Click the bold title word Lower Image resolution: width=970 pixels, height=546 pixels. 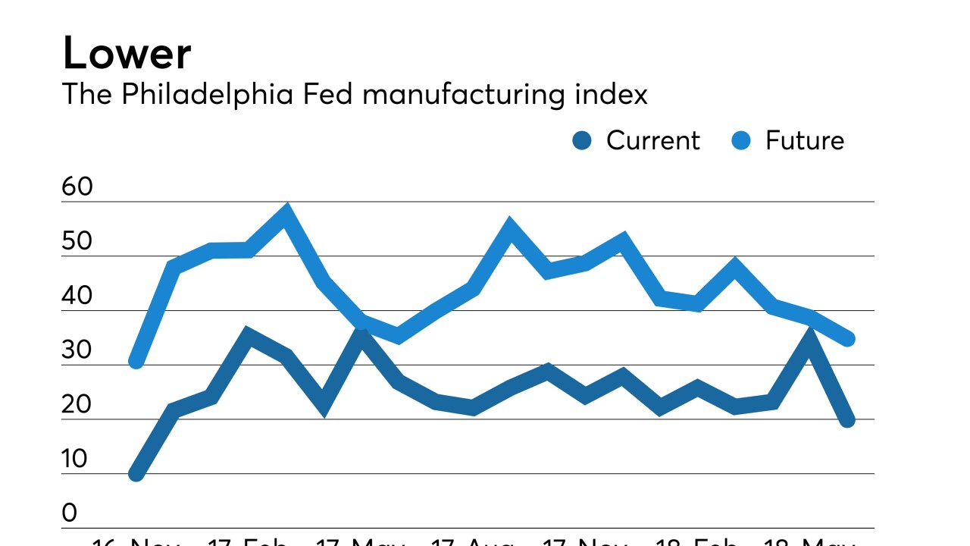[x=127, y=54]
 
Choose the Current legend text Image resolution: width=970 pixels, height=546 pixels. [x=652, y=140]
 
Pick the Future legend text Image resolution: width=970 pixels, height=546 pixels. [x=804, y=140]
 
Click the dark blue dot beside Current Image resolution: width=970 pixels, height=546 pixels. [x=582, y=140]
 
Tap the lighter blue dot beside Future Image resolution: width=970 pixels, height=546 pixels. [x=741, y=140]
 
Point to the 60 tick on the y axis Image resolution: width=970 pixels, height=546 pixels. [x=77, y=187]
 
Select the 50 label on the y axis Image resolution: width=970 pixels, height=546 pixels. [x=77, y=242]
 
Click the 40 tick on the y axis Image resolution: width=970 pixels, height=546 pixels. [x=77, y=297]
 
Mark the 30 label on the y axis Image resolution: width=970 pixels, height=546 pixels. [x=77, y=351]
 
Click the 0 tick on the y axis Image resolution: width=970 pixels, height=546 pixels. [x=70, y=514]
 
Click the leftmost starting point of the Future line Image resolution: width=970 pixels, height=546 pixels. [x=136, y=362]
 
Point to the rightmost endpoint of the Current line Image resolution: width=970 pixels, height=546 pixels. [x=847, y=419]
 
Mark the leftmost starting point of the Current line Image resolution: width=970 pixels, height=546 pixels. [x=136, y=474]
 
